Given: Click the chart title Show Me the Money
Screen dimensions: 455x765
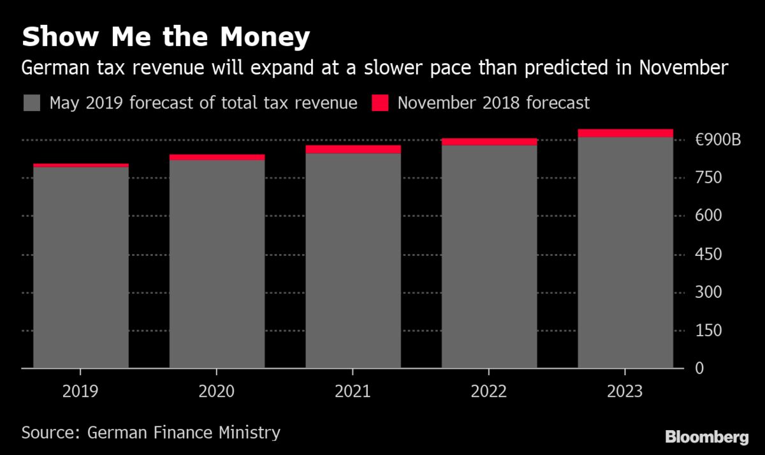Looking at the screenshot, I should pyautogui.click(x=166, y=38).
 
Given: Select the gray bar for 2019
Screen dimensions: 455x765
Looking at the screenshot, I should pyautogui.click(x=81, y=268).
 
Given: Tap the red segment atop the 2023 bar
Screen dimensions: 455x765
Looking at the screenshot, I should pyautogui.click(x=625, y=133).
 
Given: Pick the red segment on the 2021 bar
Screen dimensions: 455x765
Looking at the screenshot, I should pyautogui.click(x=353, y=149).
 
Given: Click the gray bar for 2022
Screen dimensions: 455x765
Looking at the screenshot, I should pyautogui.click(x=489, y=255).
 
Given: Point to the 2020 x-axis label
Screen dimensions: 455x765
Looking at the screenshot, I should pyautogui.click(x=217, y=391).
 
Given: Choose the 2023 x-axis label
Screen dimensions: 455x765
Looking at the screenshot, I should pyautogui.click(x=625, y=391).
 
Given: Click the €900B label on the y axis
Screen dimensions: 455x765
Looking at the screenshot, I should pyautogui.click(x=718, y=140).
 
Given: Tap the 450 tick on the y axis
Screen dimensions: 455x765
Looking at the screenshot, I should pyautogui.click(x=708, y=255).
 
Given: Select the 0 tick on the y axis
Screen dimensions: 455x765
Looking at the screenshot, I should pyautogui.click(x=699, y=369).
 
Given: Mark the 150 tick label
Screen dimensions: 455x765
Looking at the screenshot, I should pyautogui.click(x=708, y=331).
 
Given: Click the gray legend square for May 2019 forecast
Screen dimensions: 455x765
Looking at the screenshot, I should pyautogui.click(x=33, y=103).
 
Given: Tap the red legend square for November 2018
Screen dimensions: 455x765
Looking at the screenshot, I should pyautogui.click(x=380, y=103).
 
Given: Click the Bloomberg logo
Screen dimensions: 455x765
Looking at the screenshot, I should pyautogui.click(x=706, y=437).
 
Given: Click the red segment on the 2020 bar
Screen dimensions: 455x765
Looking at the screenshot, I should pyautogui.click(x=217, y=157).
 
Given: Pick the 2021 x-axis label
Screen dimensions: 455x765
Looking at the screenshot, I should pyautogui.click(x=353, y=391).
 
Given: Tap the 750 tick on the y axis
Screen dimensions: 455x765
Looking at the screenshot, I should pyautogui.click(x=708, y=178).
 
